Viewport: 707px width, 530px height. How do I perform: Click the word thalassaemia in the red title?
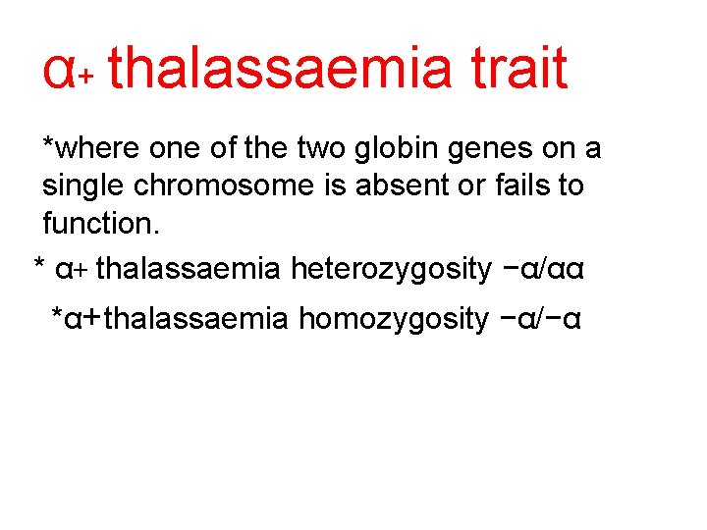[280, 69]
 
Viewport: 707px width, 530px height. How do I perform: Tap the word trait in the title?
[518, 69]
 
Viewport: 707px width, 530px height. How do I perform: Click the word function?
[100, 222]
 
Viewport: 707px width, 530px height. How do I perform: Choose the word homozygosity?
[393, 319]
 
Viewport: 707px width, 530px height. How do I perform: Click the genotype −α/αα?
[542, 268]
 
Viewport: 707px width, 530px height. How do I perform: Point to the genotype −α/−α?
[541, 319]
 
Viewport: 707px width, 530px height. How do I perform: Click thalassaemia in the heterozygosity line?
[189, 268]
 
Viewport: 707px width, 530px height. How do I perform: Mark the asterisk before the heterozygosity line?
[39, 265]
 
